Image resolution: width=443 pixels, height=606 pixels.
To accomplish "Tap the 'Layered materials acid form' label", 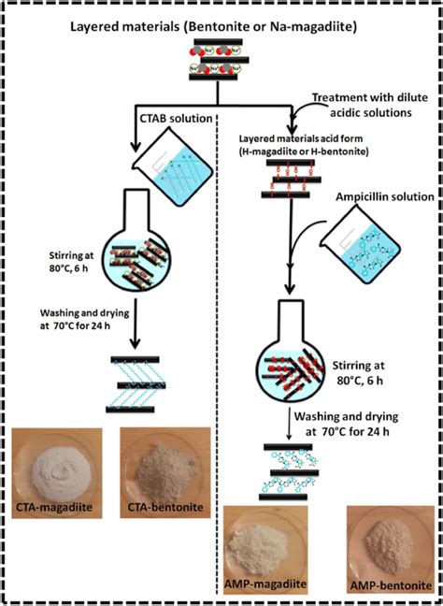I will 298,140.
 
